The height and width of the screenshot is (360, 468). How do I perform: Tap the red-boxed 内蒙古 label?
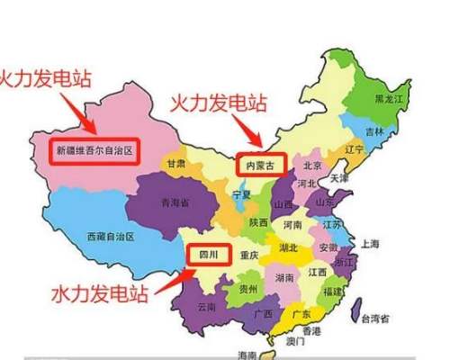[x=261, y=165]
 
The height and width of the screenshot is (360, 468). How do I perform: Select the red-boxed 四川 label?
[x=207, y=255]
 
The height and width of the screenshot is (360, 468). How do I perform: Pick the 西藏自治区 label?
[x=110, y=236]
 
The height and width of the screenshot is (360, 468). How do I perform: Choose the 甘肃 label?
[x=175, y=164]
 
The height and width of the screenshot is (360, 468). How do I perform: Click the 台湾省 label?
[x=374, y=319]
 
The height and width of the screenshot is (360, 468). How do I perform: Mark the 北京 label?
[x=312, y=165]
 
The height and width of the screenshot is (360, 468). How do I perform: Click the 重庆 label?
[x=249, y=256]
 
